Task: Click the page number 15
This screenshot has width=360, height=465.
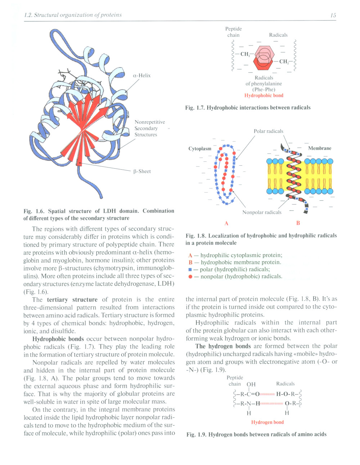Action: click(x=333, y=15)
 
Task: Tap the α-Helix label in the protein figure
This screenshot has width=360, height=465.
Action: click(x=142, y=76)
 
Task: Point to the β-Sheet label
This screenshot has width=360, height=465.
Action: click(x=142, y=171)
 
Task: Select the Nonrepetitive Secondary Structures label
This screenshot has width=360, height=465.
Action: click(x=149, y=128)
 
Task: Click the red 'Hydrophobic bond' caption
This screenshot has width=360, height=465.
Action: click(x=264, y=95)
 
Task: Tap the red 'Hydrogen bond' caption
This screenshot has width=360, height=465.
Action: click(x=267, y=422)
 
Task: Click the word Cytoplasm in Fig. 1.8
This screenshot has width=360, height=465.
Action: click(x=200, y=148)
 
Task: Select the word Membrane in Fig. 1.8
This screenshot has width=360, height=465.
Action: click(x=320, y=148)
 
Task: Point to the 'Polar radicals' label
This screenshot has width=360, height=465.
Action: click(x=268, y=131)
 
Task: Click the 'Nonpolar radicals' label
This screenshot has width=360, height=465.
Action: click(x=262, y=212)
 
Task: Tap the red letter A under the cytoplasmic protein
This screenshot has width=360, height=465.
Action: click(x=226, y=223)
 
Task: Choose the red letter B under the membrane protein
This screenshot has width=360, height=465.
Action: click(x=298, y=223)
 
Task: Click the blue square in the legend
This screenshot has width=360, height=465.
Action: click(x=190, y=269)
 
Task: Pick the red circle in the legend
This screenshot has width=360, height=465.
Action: click(x=190, y=277)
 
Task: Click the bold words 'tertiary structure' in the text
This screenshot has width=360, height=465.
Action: click(x=72, y=300)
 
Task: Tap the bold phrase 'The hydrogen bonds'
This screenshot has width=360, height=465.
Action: click(x=223, y=346)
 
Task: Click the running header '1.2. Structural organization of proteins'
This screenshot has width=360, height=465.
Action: click(x=73, y=15)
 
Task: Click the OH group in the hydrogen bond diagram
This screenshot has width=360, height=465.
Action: click(x=251, y=384)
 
